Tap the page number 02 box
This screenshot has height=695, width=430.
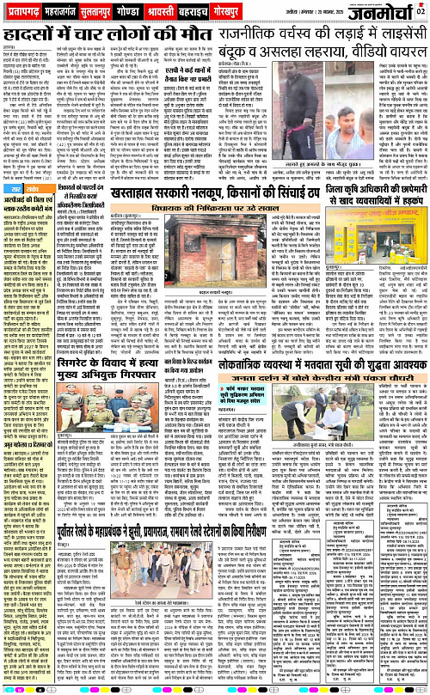pos(420,10)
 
